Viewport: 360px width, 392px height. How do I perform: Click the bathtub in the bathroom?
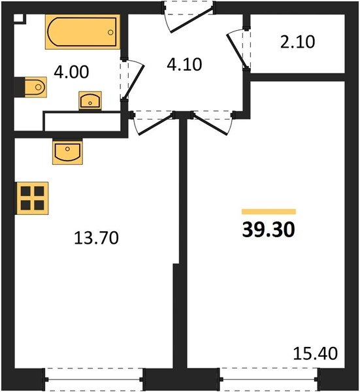[x=82, y=32]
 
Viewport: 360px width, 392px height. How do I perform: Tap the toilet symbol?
[x=35, y=87]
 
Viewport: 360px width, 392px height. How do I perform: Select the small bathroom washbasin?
[x=90, y=101]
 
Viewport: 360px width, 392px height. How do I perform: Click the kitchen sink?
[x=67, y=152]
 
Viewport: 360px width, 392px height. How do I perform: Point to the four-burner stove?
[x=32, y=198]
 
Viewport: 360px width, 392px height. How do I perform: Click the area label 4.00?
[x=71, y=72]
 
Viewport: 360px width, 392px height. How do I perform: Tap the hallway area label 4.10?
[x=184, y=65]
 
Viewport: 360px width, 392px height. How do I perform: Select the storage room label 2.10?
[x=297, y=42]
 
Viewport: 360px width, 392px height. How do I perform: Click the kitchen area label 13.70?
[x=97, y=238]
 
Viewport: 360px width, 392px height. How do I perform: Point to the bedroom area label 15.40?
[x=316, y=353]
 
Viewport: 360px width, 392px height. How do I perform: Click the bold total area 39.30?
[x=269, y=230]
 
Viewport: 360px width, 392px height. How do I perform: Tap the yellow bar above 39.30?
[x=269, y=212]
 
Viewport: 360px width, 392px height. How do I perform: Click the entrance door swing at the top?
[x=191, y=20]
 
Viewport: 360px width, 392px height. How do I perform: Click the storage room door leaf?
[x=236, y=51]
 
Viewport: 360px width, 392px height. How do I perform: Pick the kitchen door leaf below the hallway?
[x=155, y=125]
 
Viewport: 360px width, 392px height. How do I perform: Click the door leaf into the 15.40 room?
[x=210, y=125]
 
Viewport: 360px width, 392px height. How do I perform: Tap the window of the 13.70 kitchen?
[x=93, y=380]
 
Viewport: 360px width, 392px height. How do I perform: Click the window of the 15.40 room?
[x=269, y=380]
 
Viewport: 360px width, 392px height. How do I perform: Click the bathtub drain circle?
[x=110, y=32]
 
